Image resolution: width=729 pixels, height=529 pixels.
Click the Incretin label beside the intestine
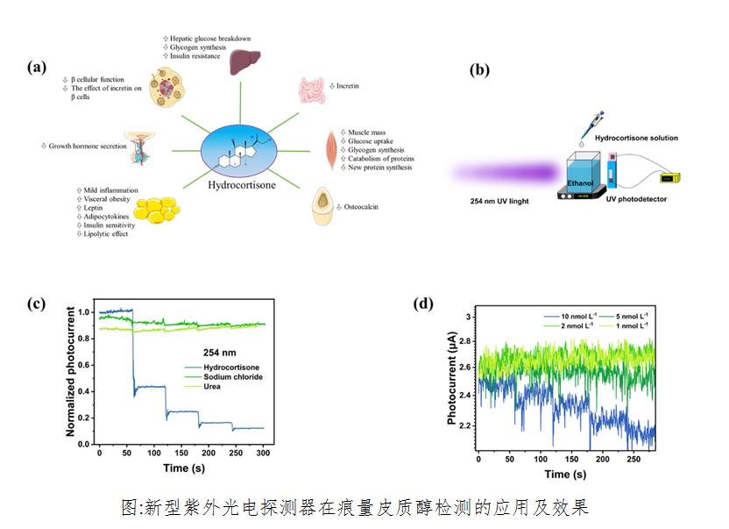(x=348, y=86)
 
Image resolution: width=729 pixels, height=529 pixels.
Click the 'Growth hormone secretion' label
(x=88, y=146)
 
